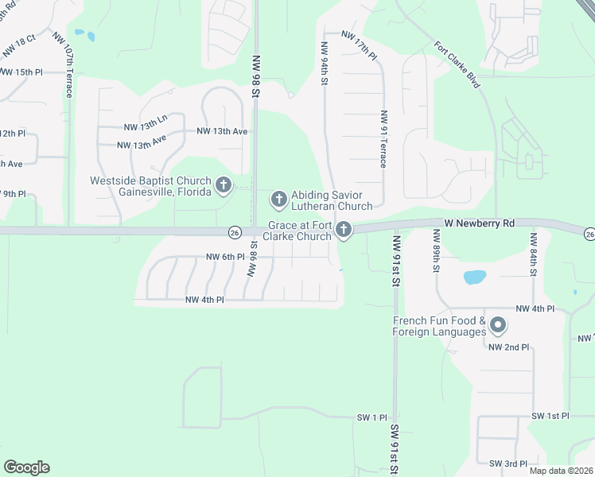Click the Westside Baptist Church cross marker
[224, 185]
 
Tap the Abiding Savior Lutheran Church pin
[278, 198]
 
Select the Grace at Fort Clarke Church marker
[344, 231]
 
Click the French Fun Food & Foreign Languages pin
[498, 324]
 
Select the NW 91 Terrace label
[383, 139]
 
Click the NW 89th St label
[436, 250]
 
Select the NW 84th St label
[535, 250]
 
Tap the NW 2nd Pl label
[509, 347]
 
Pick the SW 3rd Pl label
[508, 463]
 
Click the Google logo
[26, 467]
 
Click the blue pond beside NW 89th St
[474, 277]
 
